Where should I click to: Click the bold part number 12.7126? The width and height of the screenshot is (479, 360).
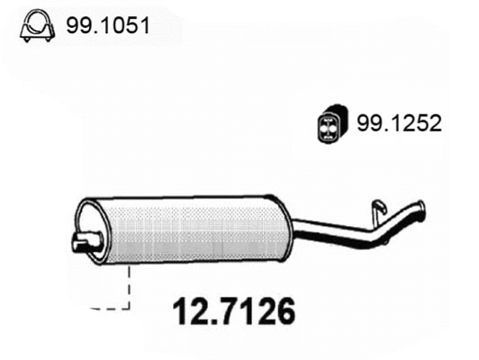click(x=232, y=313)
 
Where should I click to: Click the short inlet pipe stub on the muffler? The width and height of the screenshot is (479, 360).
click(x=83, y=241)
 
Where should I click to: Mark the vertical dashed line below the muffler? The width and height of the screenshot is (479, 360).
click(x=131, y=288)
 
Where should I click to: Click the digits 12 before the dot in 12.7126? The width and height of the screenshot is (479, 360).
click(x=185, y=313)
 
